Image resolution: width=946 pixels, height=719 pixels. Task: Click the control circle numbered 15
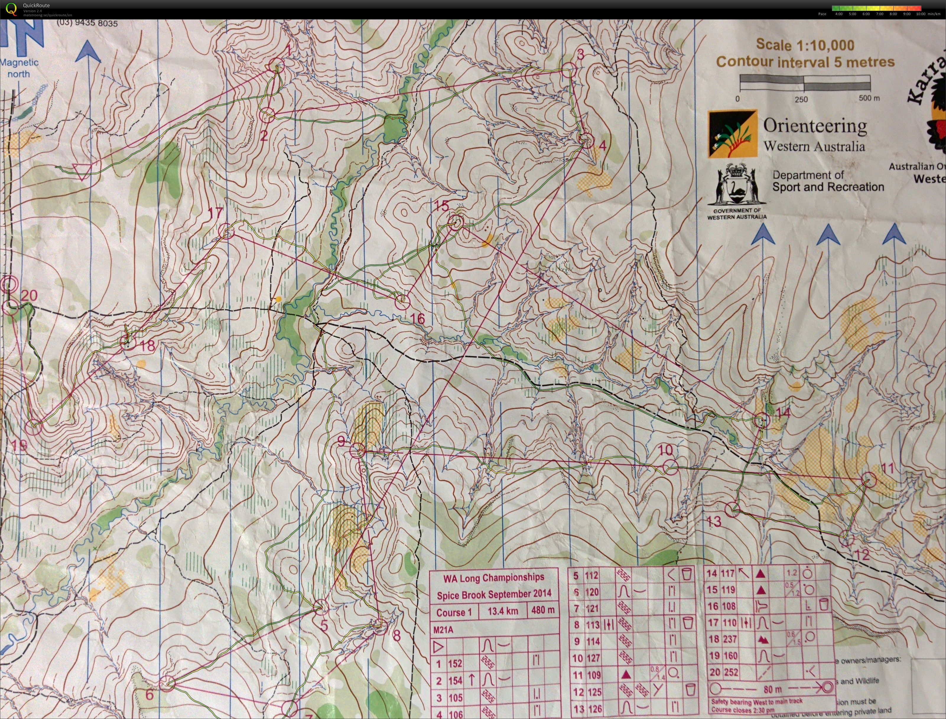[x=456, y=222]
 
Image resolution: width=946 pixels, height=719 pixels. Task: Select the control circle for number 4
[x=586, y=140]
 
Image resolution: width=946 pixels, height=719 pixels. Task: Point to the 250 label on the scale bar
[x=801, y=99]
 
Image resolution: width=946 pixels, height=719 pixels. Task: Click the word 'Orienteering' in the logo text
[x=815, y=126]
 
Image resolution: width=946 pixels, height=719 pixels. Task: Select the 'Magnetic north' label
[x=19, y=68]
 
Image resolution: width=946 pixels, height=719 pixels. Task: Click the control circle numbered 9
[x=357, y=450]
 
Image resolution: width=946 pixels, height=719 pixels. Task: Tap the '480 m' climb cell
[x=543, y=610]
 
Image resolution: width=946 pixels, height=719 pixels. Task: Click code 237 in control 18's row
[x=729, y=639]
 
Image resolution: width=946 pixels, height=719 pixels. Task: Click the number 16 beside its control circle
[x=417, y=318]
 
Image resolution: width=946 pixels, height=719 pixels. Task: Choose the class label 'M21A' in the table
[x=443, y=630]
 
